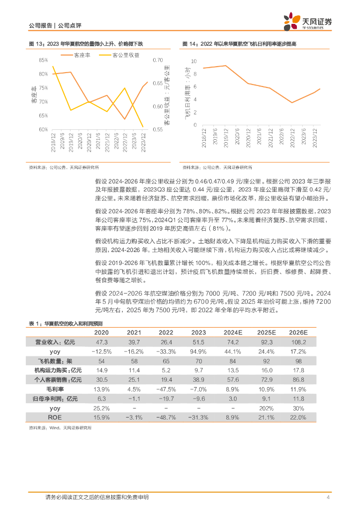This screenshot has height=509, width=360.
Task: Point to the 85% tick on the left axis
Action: tap(43, 60)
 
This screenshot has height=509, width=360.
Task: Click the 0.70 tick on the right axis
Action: tap(158, 60)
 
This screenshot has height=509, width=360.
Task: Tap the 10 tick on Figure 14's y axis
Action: tap(193, 61)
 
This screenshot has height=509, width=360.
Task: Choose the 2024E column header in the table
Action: tap(233, 333)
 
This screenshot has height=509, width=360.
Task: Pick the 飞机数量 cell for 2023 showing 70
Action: tap(198, 360)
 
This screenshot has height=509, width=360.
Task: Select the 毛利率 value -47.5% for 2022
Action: tap(166, 389)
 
